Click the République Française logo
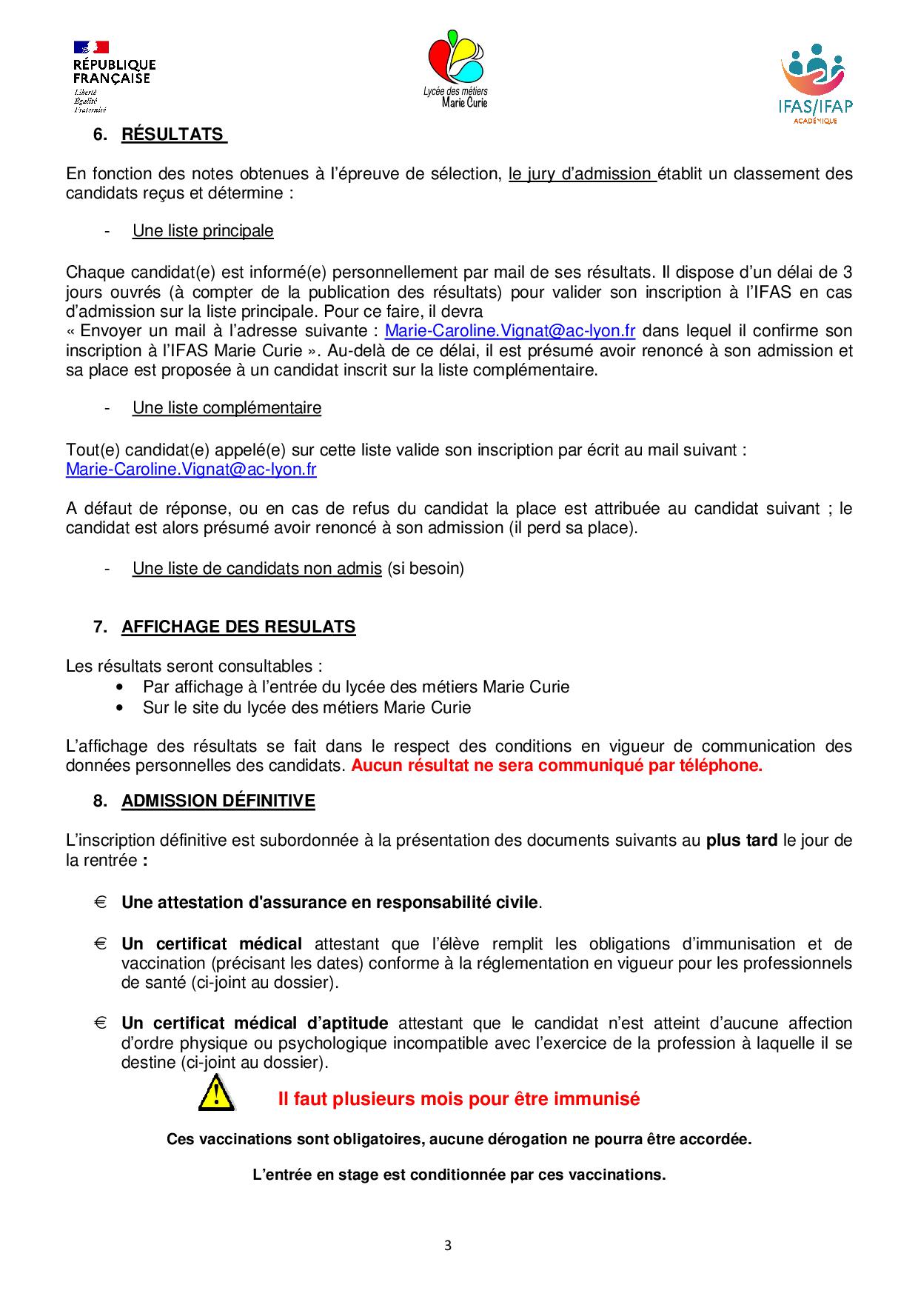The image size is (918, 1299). pos(113,76)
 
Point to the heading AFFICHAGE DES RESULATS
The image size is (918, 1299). pos(238,627)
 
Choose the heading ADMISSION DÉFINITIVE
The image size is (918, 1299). pos(218,801)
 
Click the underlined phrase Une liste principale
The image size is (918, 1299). pos(203,230)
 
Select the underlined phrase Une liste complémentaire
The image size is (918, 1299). pos(227,407)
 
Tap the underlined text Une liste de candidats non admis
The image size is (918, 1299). pos(257,568)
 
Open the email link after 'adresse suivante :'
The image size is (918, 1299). pos(509,330)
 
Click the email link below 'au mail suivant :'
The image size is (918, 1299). pos(191,469)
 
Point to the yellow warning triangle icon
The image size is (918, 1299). pos(215,1094)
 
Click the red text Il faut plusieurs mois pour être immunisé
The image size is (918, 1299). pos(458,1098)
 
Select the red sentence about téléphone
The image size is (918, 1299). pos(556,765)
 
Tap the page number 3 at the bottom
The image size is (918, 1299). pos(447,1245)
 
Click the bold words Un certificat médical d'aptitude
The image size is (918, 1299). pos(255,1023)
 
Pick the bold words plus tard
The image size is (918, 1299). pos(741,840)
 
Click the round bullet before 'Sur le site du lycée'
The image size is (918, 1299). pos(120,707)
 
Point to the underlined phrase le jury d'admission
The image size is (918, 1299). pos(582,173)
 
